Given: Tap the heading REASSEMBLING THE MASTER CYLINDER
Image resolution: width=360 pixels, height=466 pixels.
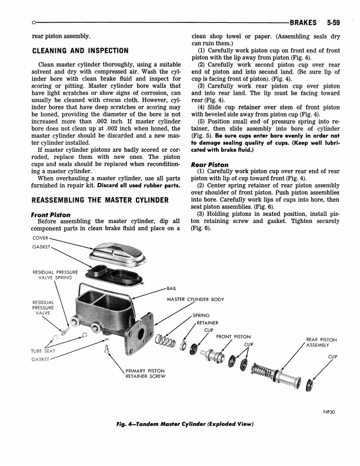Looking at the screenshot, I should click(x=101, y=201).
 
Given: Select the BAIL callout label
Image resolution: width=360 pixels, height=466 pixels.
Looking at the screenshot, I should click(x=172, y=289).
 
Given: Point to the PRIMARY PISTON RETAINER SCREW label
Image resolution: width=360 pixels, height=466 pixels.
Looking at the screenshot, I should click(x=145, y=374).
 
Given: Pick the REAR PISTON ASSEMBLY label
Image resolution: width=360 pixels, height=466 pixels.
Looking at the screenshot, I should click(x=321, y=342).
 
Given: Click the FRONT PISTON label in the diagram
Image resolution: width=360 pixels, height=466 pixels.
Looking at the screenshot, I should click(x=234, y=337).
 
